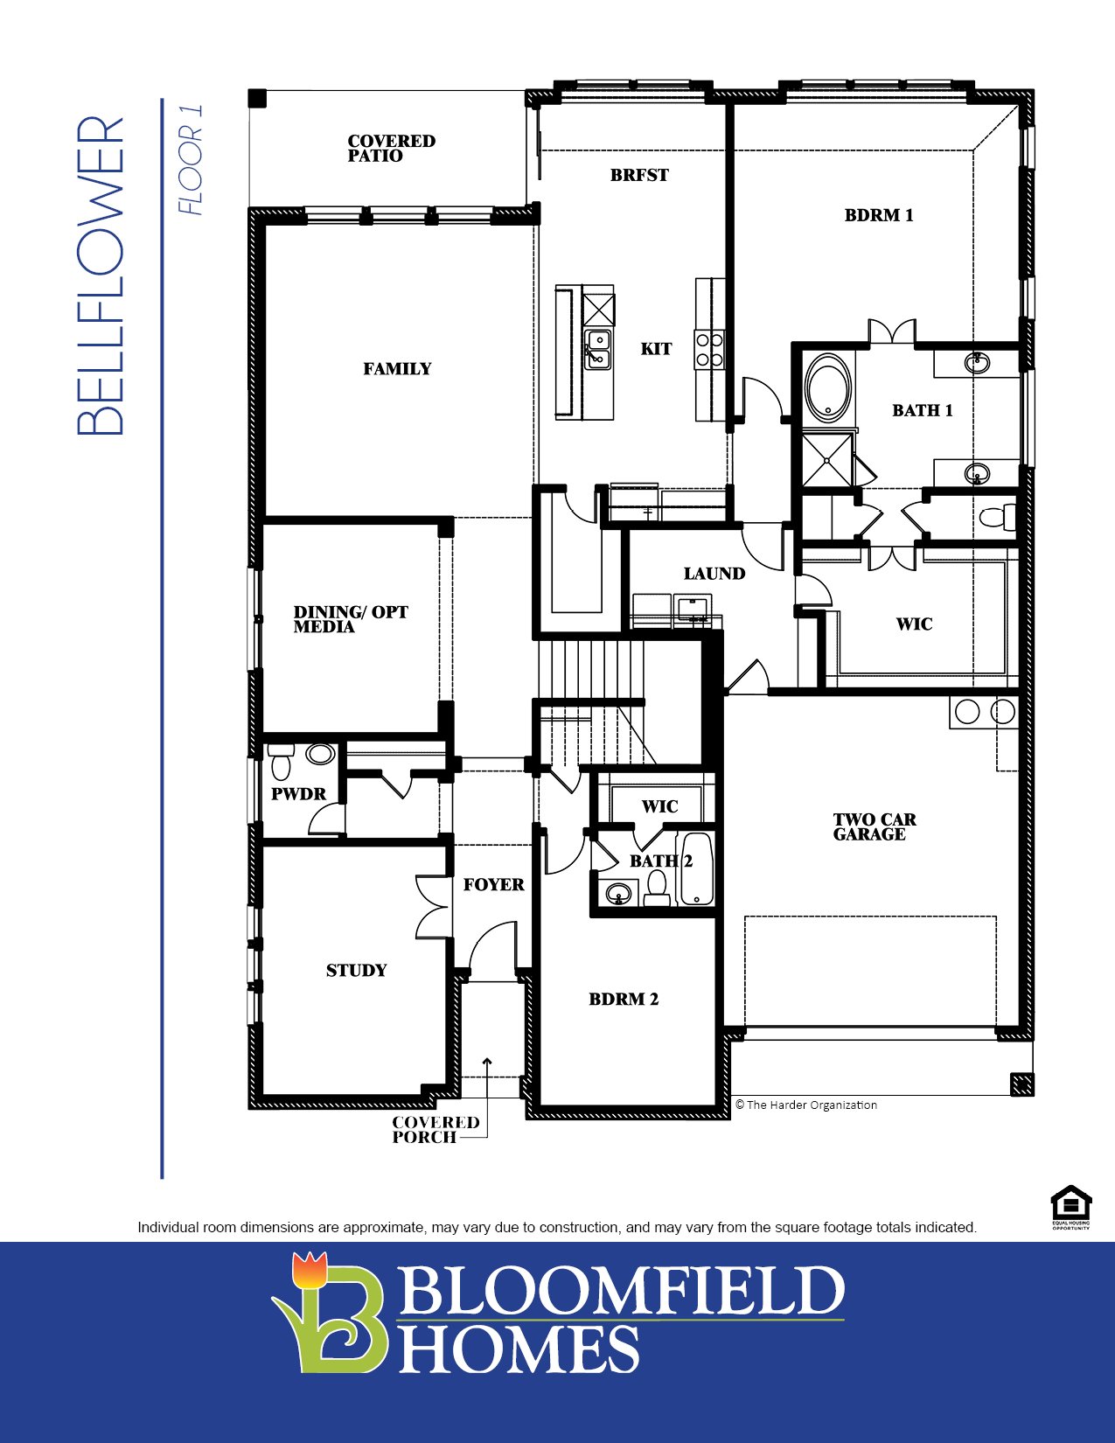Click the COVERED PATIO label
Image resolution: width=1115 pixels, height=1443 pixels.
tap(391, 148)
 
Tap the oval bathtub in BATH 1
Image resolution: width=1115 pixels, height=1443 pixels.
tap(826, 387)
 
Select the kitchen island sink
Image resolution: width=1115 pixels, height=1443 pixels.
tap(598, 348)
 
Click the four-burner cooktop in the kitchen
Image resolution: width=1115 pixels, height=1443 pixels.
tap(709, 349)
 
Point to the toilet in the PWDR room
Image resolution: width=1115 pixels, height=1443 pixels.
tap(281, 763)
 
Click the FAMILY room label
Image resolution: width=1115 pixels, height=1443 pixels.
tap(397, 369)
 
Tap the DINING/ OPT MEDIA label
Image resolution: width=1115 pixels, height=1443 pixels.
tap(350, 618)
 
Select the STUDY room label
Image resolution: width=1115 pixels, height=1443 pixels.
tap(356, 970)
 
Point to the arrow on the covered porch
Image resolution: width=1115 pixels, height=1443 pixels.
tap(487, 1064)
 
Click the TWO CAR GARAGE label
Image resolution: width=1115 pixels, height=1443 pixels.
tap(874, 826)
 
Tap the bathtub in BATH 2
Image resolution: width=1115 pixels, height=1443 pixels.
tap(698, 869)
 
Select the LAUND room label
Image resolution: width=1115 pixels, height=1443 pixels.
tap(714, 574)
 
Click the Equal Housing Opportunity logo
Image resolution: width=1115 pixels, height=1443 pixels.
tap(1070, 1207)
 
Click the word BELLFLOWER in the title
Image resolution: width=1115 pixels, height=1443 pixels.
tap(101, 275)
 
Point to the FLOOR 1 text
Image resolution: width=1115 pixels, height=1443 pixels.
tap(190, 159)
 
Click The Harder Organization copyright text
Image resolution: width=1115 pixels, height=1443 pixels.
tap(805, 1105)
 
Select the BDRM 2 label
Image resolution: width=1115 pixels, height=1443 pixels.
tap(623, 999)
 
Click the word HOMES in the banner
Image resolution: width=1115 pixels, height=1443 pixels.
tap(519, 1349)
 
